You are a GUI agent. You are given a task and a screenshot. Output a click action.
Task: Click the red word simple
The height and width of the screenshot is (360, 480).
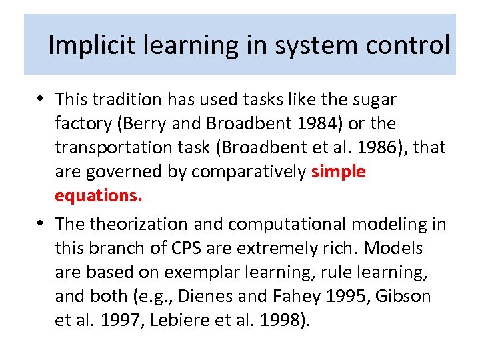pos(338,172)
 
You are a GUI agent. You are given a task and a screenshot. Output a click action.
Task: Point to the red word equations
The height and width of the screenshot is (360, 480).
pos(98,196)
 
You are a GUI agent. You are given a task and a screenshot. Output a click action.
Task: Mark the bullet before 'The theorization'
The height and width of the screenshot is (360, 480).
pos(41,224)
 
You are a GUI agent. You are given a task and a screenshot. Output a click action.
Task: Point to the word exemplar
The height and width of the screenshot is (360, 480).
pos(215,273)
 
